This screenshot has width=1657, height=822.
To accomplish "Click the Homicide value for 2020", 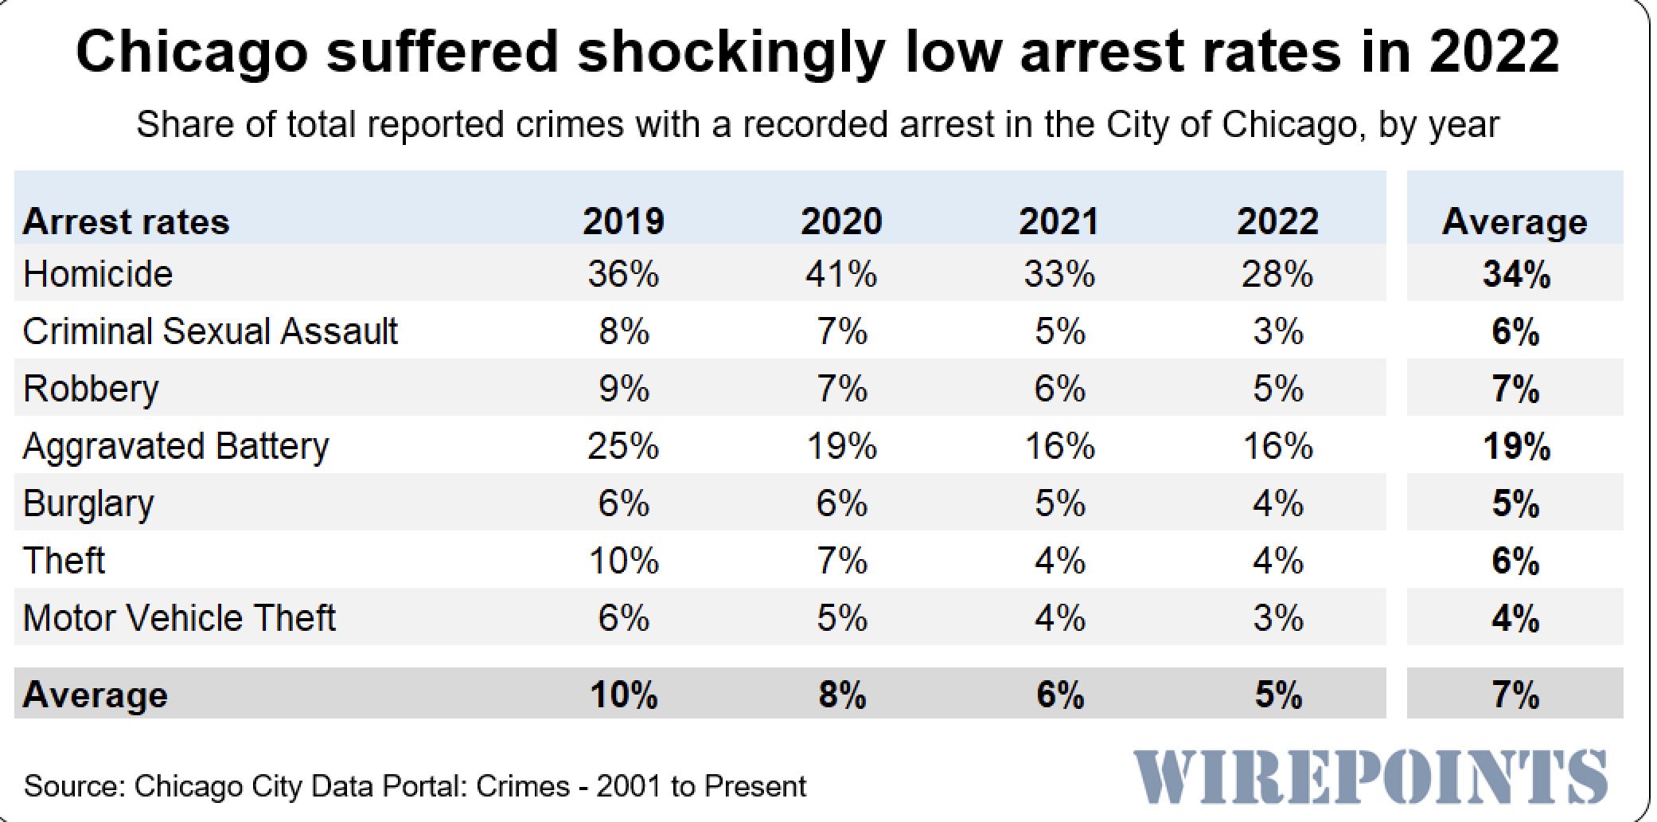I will click(x=841, y=275).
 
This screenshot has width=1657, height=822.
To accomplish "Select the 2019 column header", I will click(x=623, y=221).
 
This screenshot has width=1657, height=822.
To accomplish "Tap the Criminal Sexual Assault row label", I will click(x=210, y=331).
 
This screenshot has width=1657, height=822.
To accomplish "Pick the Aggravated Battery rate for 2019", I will click(x=623, y=446).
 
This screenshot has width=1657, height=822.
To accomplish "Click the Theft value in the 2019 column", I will click(x=623, y=561).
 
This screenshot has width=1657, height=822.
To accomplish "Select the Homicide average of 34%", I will click(x=1516, y=275).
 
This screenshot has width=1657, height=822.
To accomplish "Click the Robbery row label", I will click(x=91, y=389).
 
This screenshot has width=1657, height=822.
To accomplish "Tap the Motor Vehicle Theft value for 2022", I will click(x=1277, y=618).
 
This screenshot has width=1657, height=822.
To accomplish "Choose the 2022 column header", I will click(x=1277, y=221).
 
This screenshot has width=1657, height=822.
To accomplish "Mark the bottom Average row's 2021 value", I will click(x=1059, y=695).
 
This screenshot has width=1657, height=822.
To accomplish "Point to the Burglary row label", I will click(x=88, y=503).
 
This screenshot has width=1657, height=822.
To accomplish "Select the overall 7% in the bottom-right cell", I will click(x=1516, y=695).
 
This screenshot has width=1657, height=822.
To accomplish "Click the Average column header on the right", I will click(x=1515, y=221).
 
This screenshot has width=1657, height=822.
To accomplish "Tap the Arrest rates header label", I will click(x=126, y=221).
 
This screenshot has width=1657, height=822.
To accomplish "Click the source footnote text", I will click(x=415, y=786).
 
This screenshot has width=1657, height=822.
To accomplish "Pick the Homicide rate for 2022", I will click(x=1277, y=275).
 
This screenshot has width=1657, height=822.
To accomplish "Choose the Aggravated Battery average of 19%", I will click(x=1516, y=446).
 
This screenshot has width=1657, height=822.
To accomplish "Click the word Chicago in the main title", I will click(x=191, y=53).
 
